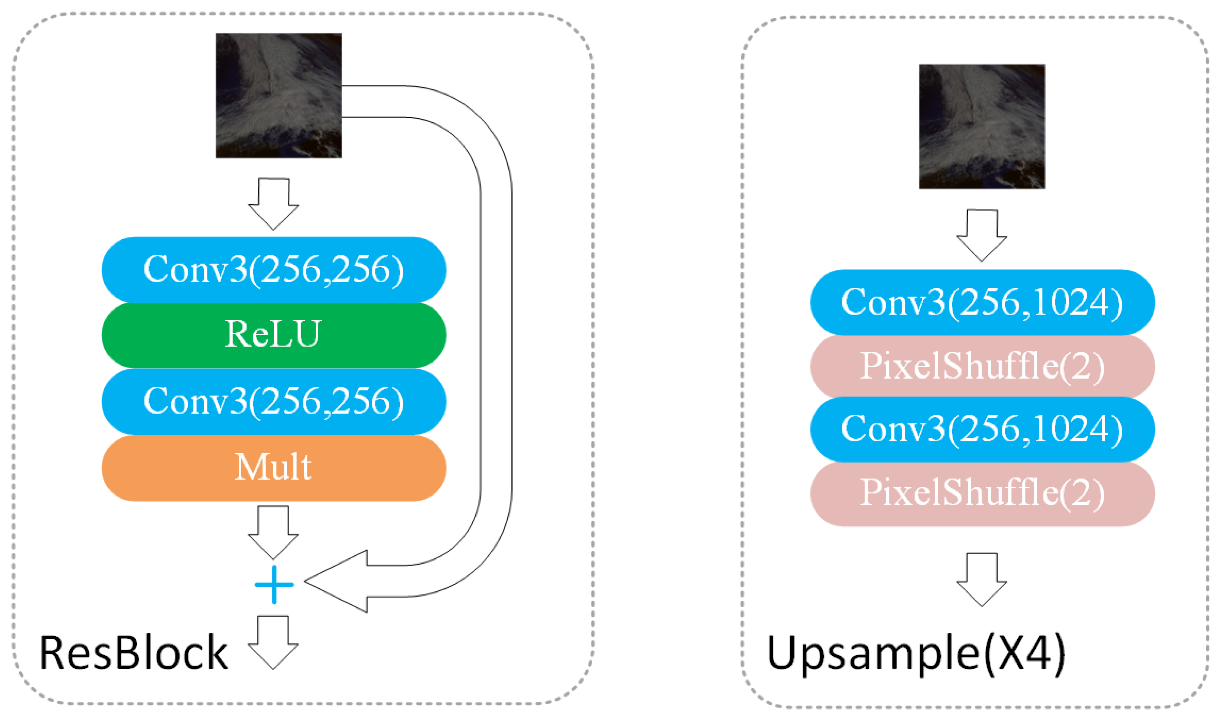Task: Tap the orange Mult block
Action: (274, 468)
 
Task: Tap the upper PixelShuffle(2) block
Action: (982, 367)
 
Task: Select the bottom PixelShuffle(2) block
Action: (982, 493)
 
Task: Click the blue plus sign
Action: (274, 584)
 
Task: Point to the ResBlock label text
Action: (133, 653)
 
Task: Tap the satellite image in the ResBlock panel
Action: (279, 95)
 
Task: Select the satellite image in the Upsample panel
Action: (982, 126)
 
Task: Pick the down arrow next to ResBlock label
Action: (274, 643)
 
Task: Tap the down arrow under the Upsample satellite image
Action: (982, 235)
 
